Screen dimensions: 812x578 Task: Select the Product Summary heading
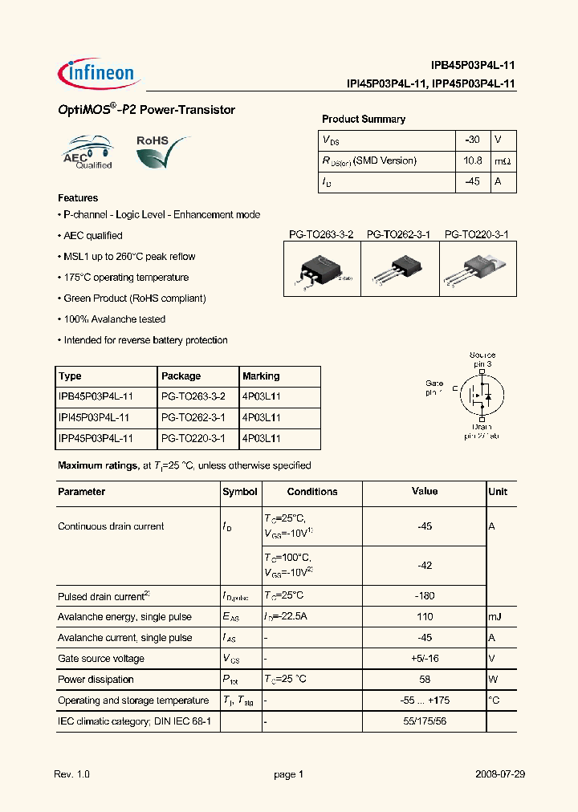click(x=363, y=119)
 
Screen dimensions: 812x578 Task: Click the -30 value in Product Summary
click(x=472, y=140)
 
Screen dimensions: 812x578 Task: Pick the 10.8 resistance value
click(x=472, y=160)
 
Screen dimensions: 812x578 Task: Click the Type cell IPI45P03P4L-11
click(x=93, y=418)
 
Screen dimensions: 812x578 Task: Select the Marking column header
click(x=261, y=376)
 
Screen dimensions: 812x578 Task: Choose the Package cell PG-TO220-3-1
click(x=193, y=439)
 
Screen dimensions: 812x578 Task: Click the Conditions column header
click(x=311, y=492)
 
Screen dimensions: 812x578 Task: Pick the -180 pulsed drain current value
click(x=425, y=596)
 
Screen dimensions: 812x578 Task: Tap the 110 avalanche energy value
click(x=425, y=617)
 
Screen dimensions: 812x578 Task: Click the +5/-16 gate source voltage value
click(x=425, y=659)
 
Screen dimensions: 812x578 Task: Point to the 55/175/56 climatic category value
click(x=425, y=721)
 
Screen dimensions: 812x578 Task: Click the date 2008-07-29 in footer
click(x=498, y=775)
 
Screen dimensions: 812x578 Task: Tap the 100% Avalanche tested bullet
click(x=114, y=319)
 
